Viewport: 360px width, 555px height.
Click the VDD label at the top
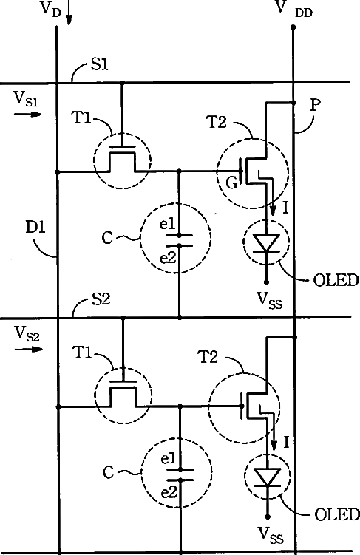pos(293,8)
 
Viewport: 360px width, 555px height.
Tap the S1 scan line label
pos(100,64)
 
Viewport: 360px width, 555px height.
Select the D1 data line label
pos(35,227)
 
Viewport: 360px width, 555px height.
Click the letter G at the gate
pos(231,183)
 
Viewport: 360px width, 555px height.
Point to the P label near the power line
pos(315,105)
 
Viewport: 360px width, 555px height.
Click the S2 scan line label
pos(101,299)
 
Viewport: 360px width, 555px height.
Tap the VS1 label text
pos(25,98)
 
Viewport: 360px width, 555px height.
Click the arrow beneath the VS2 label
pos(29,349)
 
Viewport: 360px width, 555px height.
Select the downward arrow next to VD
pos(69,13)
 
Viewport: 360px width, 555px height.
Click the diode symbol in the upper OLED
pos(266,243)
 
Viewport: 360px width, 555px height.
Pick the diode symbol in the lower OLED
pos(268,477)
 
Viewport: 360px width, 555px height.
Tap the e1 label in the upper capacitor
pos(168,224)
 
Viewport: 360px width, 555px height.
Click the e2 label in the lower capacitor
pos(169,492)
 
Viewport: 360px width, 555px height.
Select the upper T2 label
pos(217,123)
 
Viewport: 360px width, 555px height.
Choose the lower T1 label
pos(82,353)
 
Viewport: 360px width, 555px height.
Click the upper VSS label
pos(270,301)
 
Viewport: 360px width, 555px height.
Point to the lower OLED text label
pos(336,514)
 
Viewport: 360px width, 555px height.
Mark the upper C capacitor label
pos(107,238)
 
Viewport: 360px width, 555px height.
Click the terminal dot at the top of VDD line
pos(293,27)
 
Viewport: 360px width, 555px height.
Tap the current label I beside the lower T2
pos(286,442)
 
